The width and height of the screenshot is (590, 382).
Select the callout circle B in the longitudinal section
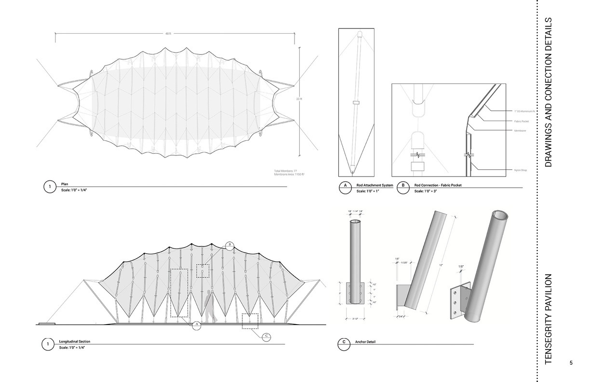point(230,246)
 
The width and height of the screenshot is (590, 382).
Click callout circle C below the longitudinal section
point(267,337)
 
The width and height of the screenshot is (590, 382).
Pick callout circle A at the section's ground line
point(197,326)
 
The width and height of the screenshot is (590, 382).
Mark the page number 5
point(571,363)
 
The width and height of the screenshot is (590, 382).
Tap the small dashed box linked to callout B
point(203,271)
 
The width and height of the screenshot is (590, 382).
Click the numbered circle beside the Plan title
point(50,187)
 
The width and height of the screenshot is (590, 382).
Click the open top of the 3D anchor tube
point(499,215)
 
